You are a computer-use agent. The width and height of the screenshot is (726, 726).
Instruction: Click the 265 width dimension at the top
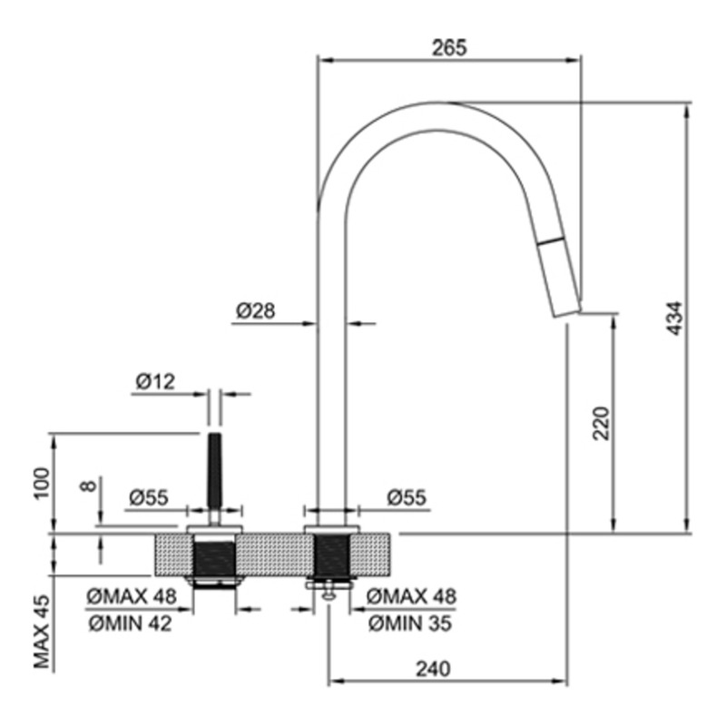pos(449,48)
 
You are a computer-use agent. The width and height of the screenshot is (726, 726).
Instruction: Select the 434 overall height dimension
pos(675,319)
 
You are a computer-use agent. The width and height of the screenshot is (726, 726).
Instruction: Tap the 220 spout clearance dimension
pos(601,423)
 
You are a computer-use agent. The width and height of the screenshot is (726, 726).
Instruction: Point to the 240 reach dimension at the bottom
pos(433,669)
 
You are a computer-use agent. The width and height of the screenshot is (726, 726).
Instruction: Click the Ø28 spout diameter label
pos(256,310)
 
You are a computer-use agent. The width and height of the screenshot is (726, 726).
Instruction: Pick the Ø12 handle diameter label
pos(155,381)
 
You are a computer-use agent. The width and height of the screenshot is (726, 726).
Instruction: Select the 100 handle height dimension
pos(41,483)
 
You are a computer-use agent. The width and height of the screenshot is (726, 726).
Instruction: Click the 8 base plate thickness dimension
pos(88,486)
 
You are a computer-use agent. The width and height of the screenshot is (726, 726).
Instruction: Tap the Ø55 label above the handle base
pos(149,497)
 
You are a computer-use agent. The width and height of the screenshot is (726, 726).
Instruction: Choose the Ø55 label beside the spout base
pos(407,497)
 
